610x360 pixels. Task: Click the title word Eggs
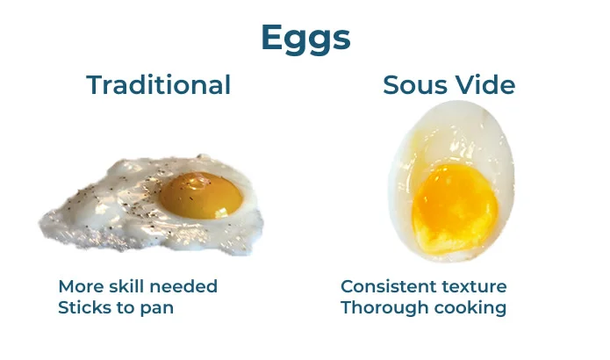click(305, 39)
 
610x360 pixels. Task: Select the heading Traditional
click(159, 84)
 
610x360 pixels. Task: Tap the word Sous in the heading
click(411, 85)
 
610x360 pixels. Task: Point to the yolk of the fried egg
click(201, 195)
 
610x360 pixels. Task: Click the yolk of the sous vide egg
click(455, 207)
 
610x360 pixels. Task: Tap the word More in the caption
click(81, 286)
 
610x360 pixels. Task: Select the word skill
click(126, 286)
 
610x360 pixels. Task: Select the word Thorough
click(384, 308)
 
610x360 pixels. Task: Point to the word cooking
click(470, 308)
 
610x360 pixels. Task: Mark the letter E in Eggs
click(273, 38)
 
